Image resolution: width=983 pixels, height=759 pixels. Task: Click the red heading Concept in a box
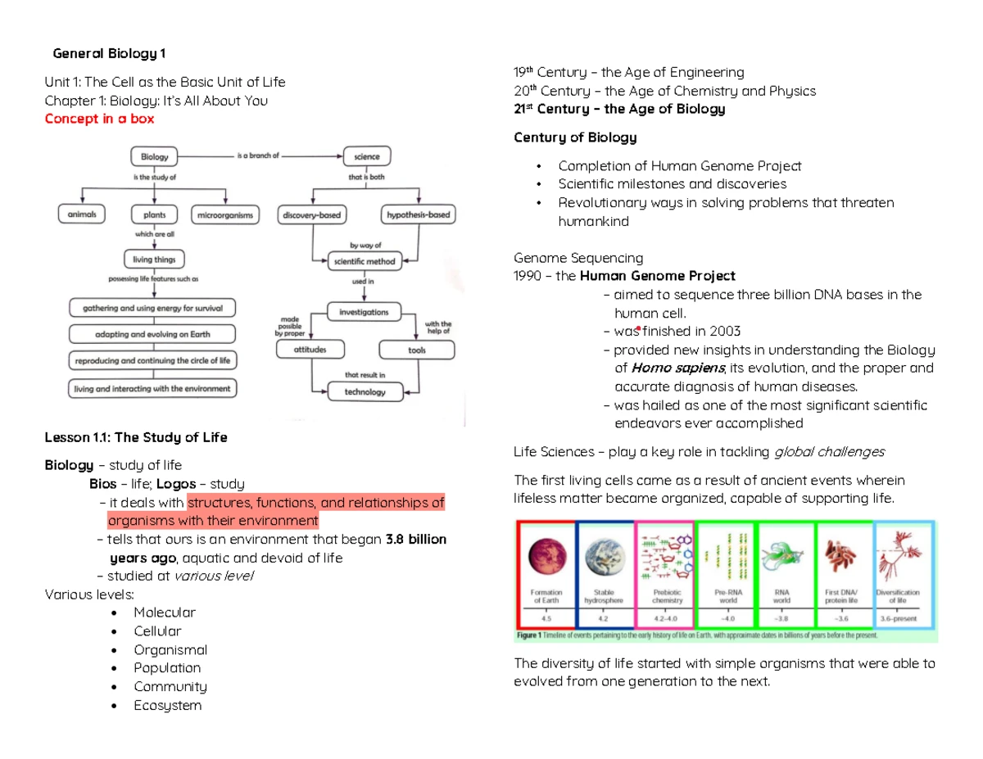[x=99, y=119]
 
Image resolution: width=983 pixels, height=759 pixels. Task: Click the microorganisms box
[x=224, y=215]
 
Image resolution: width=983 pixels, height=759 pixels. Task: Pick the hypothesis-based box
[x=418, y=215]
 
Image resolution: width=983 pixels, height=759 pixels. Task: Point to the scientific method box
[x=365, y=262]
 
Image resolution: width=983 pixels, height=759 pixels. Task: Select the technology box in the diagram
[x=365, y=391]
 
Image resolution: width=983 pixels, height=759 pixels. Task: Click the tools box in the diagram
[x=416, y=350]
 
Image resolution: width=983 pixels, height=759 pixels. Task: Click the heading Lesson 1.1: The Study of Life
[x=135, y=437]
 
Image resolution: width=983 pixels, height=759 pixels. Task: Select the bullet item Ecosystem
[x=167, y=705]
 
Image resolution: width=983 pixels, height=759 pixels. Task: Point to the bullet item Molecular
[x=165, y=612]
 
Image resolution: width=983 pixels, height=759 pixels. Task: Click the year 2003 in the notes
[x=724, y=332]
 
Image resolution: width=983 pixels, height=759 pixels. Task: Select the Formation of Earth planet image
[x=546, y=556]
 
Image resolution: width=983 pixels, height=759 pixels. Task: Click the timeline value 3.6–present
[x=899, y=618]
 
